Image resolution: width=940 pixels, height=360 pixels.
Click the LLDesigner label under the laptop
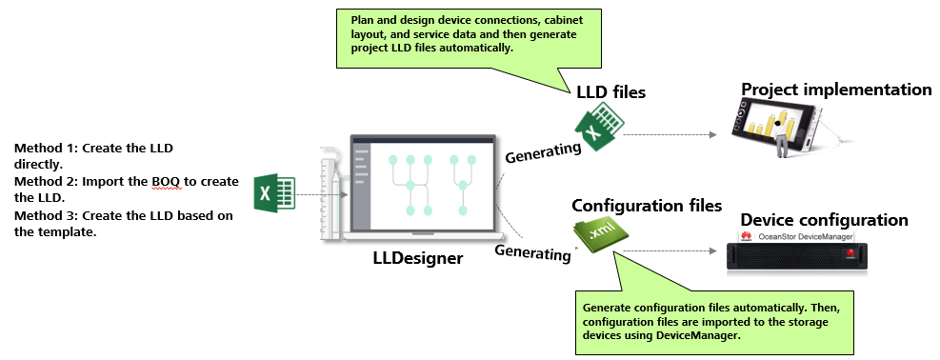click(418, 258)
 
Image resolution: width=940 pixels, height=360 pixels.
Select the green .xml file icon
click(595, 236)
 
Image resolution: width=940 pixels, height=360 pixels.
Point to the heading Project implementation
click(836, 90)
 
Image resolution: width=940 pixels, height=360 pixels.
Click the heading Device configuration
click(825, 219)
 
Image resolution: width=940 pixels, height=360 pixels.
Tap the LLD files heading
click(610, 92)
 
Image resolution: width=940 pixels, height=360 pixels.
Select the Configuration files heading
click(647, 206)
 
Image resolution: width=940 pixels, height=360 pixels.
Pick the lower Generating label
click(532, 252)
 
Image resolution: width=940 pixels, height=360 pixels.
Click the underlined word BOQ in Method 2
click(166, 182)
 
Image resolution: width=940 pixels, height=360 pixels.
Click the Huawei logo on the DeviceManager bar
click(747, 236)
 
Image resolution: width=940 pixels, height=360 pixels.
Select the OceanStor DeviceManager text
click(805, 236)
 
